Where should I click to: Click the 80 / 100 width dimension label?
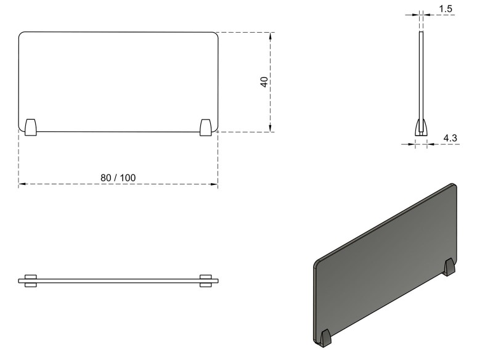(118, 178)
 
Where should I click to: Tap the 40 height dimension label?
(264, 82)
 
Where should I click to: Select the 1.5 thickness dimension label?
(446, 9)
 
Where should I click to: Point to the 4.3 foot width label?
(450, 137)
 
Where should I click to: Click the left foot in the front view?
(30, 128)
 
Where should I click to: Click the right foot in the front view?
(206, 128)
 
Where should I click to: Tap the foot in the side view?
(422, 128)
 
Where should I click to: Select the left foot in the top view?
(30, 280)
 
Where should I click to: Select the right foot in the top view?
(206, 280)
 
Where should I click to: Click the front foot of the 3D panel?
(325, 338)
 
